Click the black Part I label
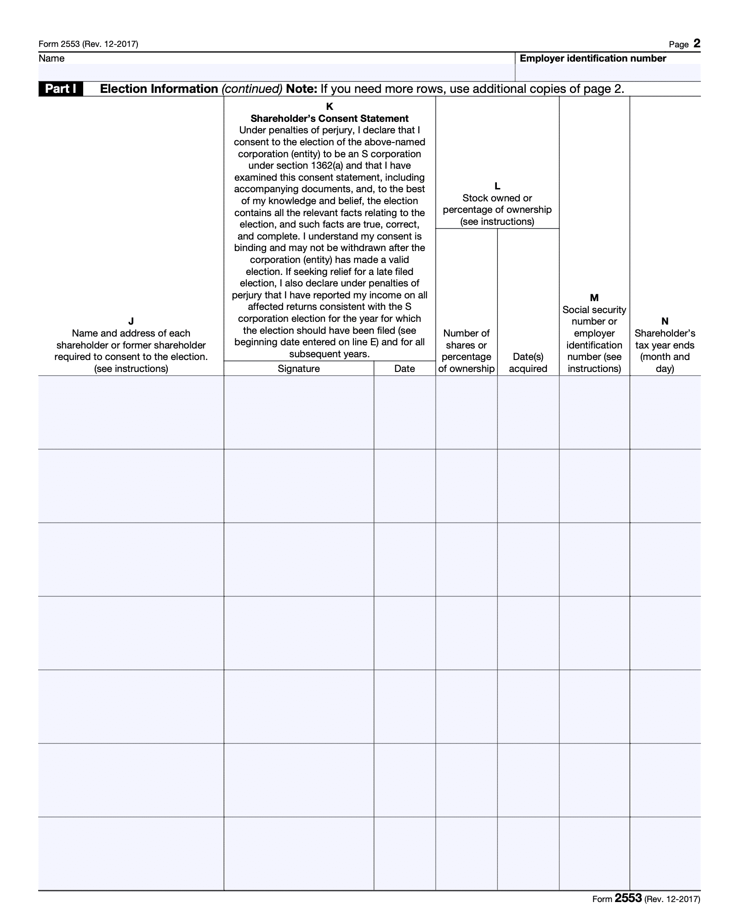(61, 89)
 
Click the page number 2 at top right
(697, 44)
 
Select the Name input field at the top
(276, 73)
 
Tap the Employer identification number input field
(608, 73)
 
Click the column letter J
(131, 321)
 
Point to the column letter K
(330, 107)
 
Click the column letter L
(497, 186)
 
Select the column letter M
(594, 297)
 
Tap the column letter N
(665, 321)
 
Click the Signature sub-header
(299, 368)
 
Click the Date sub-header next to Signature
(404, 368)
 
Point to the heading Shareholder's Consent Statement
(330, 119)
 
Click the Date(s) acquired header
(528, 362)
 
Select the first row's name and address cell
(131, 412)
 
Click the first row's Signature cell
(299, 412)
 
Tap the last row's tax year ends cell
(665, 853)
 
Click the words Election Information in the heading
(159, 89)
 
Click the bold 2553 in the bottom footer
(628, 897)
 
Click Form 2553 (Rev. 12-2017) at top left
(88, 44)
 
